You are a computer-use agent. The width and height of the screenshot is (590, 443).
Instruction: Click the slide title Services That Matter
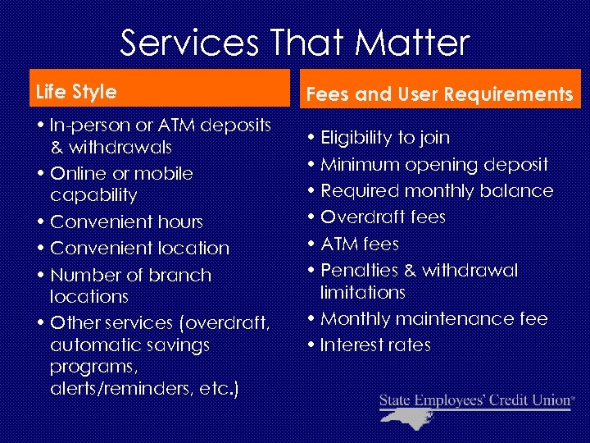tap(295, 43)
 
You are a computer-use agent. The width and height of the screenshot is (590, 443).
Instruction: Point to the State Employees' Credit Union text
tap(475, 400)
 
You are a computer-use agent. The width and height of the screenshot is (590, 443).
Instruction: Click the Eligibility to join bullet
tap(385, 138)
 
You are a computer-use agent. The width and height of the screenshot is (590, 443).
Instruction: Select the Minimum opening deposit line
tap(433, 164)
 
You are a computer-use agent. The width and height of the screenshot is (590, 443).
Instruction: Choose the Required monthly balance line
tap(436, 190)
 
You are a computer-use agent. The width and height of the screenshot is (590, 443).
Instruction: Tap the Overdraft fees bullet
tap(383, 217)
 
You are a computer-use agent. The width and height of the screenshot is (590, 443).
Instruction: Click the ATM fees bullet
tap(360, 244)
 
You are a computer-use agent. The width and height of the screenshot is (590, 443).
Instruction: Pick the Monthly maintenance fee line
tap(433, 318)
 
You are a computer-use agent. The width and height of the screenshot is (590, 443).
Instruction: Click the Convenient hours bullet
tap(126, 221)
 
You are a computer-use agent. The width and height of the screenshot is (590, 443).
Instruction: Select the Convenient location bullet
tap(139, 248)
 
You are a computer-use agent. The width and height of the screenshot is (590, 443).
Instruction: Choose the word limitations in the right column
tap(363, 292)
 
